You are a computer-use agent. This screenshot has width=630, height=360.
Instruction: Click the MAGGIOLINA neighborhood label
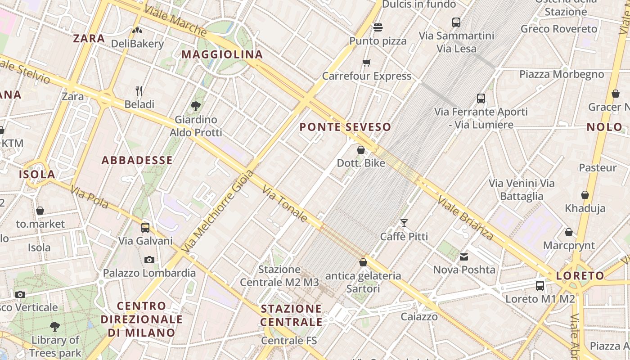point(222,54)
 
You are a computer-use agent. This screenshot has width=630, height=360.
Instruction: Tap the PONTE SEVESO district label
point(345,127)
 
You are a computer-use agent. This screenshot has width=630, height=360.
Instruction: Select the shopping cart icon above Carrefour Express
point(367,63)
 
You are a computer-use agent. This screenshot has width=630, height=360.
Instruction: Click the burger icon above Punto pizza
point(378,27)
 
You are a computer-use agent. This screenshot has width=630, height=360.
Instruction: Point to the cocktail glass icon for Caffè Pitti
point(404,223)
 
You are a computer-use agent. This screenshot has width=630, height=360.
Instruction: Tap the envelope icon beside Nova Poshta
point(464,257)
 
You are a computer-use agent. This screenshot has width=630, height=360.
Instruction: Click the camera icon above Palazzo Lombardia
point(149,260)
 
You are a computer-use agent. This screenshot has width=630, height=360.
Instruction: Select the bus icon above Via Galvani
point(145,228)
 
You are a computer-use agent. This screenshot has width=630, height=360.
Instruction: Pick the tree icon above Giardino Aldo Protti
point(196,106)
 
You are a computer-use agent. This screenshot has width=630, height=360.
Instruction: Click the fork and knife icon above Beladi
point(139,91)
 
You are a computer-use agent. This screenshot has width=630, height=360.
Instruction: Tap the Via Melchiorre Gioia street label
point(218,211)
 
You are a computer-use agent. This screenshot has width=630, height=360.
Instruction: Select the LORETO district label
point(580,276)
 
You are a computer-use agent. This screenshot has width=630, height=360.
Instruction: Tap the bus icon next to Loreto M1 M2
point(540,285)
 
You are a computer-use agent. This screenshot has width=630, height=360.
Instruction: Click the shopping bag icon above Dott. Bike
point(360,149)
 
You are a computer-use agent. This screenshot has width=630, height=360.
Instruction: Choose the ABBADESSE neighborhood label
point(137,160)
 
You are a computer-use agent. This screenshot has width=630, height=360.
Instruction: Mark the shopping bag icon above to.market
point(40,211)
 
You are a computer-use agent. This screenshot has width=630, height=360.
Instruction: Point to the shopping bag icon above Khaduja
point(585,195)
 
